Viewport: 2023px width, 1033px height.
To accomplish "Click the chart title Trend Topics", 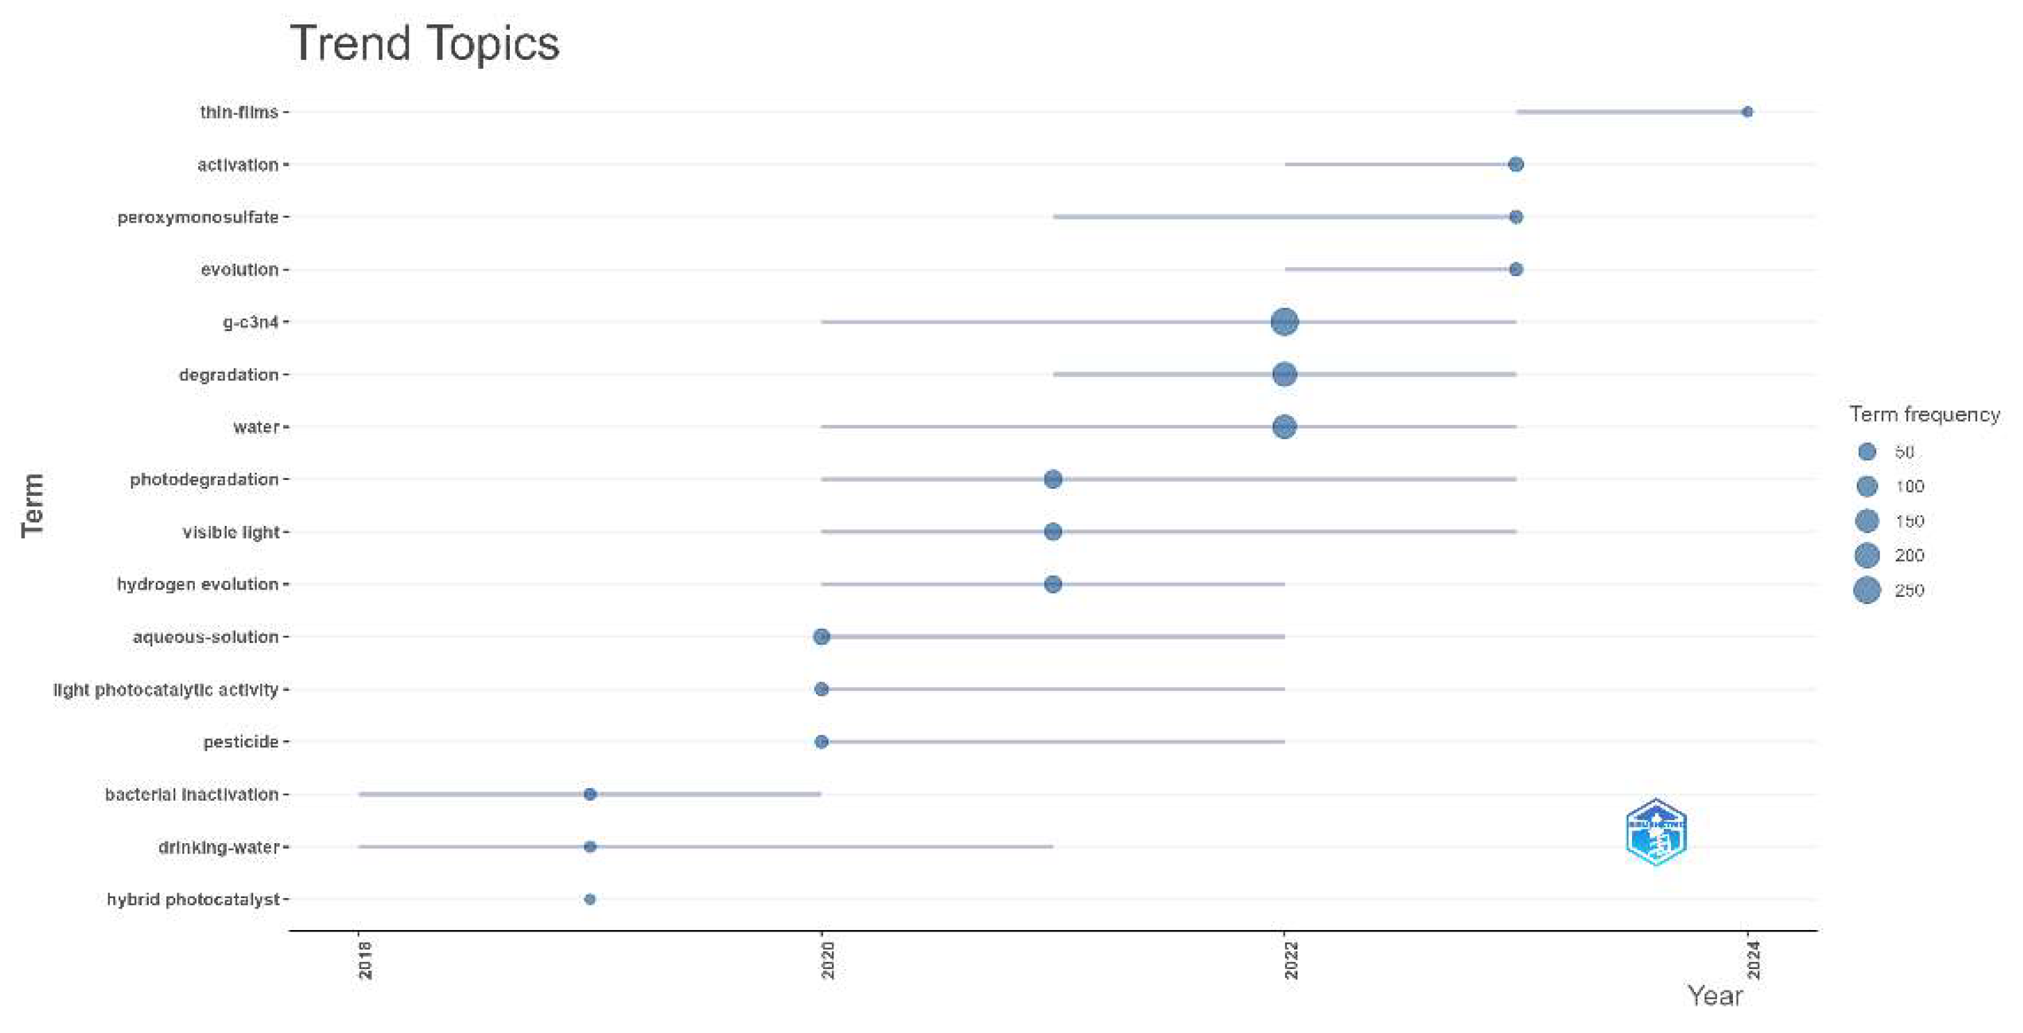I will click(x=424, y=43).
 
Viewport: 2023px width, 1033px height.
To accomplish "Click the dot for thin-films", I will click(x=1747, y=112).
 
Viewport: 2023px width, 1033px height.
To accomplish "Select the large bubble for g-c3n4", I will click(x=1284, y=322).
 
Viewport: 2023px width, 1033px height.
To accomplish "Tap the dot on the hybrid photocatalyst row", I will click(x=590, y=899).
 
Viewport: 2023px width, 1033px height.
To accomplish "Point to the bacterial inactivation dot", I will click(x=590, y=794).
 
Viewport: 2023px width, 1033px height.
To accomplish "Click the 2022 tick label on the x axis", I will click(x=1291, y=960).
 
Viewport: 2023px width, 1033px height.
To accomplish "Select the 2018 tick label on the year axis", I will click(x=365, y=960).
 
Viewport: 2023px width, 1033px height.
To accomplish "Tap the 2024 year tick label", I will click(x=1754, y=960).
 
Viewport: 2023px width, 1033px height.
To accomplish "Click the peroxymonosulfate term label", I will click(x=198, y=218).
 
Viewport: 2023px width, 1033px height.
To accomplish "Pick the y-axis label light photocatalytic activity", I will click(x=166, y=690).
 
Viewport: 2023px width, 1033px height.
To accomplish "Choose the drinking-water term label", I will click(x=219, y=847).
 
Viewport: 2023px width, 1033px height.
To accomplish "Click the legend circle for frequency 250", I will click(x=1866, y=590).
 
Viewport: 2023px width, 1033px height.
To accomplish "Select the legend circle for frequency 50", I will click(x=1866, y=451).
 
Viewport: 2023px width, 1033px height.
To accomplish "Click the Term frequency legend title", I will click(x=1924, y=414).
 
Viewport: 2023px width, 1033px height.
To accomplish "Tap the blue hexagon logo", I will click(x=1656, y=832).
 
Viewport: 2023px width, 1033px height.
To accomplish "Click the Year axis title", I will click(x=1714, y=996).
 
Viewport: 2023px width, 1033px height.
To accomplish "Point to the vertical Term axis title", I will click(x=33, y=505).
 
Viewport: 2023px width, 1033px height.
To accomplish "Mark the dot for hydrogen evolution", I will click(x=1053, y=584).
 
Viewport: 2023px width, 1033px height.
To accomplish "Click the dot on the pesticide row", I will click(x=822, y=742).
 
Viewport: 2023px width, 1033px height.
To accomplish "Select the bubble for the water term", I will click(x=1284, y=427).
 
